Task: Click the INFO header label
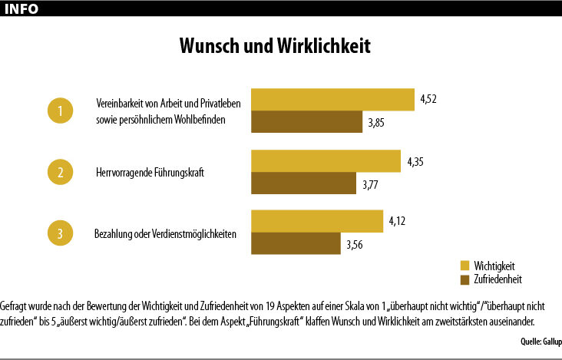coord(24,8)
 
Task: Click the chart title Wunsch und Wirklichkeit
coord(275,46)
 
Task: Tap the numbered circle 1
coord(61,111)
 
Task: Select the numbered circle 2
coord(61,172)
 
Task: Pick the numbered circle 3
coord(61,233)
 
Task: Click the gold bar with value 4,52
coord(332,101)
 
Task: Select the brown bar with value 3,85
coord(306,123)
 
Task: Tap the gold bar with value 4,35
coord(326,161)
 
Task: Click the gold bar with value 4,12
coord(316,221)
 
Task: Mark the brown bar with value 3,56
coord(296,243)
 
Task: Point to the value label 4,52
coord(428,98)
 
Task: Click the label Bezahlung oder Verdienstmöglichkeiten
coord(164,233)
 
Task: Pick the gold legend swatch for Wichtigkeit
coord(464,266)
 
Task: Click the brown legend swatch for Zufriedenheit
coord(464,279)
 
